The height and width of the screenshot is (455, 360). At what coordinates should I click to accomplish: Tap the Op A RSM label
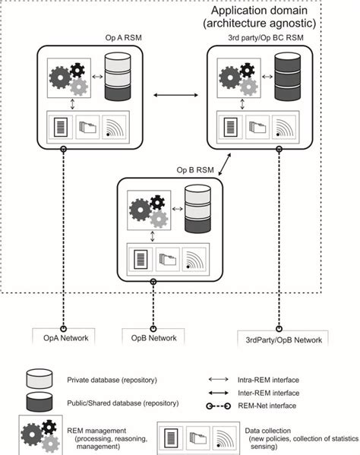120,38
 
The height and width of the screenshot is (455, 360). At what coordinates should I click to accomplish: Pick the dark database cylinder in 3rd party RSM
286,76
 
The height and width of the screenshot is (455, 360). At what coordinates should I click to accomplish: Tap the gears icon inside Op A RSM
68,78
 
